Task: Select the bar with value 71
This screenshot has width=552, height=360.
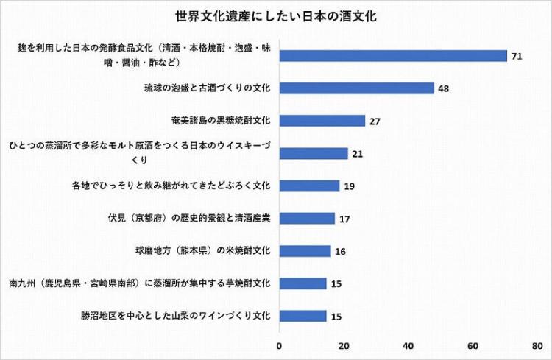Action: [393, 56]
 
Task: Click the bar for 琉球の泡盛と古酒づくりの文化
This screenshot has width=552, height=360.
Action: [356, 88]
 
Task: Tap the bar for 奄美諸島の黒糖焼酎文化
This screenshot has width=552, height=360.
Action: [322, 121]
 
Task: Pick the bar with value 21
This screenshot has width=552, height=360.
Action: [313, 153]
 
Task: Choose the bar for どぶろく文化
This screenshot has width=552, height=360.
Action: [309, 186]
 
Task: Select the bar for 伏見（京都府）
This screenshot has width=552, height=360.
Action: [306, 218]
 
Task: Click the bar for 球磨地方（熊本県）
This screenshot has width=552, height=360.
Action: [305, 251]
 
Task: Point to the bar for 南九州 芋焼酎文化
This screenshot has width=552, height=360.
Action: [303, 283]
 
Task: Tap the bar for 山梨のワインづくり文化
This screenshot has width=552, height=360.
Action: [303, 316]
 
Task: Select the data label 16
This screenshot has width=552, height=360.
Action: [340, 251]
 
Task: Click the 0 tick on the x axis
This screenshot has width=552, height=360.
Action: [279, 345]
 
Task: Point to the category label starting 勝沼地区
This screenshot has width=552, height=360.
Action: [176, 316]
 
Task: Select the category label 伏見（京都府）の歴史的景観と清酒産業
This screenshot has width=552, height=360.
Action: [189, 218]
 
